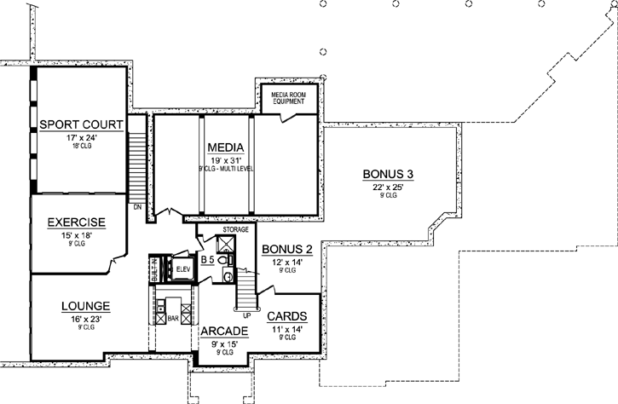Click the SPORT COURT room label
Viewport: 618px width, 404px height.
82,126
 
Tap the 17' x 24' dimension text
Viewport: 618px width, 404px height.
82,138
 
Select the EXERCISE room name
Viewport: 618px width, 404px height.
76,223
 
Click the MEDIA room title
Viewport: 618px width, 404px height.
226,147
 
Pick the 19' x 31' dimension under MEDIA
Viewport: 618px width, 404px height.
226,159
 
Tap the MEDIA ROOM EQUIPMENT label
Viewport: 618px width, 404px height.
288,97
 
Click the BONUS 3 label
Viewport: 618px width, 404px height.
388,175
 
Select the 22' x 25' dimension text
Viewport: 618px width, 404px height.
388,187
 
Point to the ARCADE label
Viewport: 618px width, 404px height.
224,331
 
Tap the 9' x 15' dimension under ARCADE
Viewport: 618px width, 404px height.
224,343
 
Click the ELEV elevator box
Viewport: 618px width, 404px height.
182,270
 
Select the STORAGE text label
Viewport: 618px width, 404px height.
236,229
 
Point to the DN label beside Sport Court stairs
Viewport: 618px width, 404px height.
136,205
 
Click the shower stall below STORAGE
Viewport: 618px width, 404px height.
226,245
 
